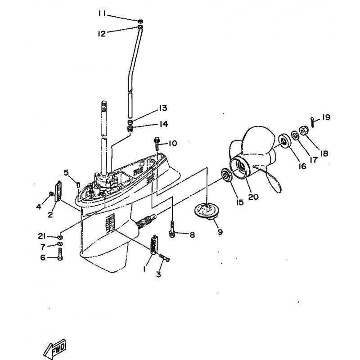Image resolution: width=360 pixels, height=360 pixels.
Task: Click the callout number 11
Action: (x=102, y=14)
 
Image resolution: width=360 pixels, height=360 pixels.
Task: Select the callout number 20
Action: (x=253, y=197)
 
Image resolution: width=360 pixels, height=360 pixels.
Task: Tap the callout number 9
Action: (x=220, y=232)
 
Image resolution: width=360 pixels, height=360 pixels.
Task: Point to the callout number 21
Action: (x=42, y=236)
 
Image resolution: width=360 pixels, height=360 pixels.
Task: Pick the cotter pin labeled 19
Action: (x=312, y=121)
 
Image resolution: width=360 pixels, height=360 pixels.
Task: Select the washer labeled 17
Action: (x=295, y=135)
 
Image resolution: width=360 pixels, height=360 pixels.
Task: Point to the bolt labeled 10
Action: (x=157, y=144)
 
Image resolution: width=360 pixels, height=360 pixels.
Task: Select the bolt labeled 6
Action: (x=60, y=254)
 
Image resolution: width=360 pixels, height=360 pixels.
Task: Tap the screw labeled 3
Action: (x=164, y=257)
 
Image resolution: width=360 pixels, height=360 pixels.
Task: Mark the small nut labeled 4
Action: (x=51, y=194)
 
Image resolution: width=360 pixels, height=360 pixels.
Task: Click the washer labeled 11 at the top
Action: (x=140, y=22)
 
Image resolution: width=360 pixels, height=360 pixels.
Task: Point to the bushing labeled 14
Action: (x=130, y=129)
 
